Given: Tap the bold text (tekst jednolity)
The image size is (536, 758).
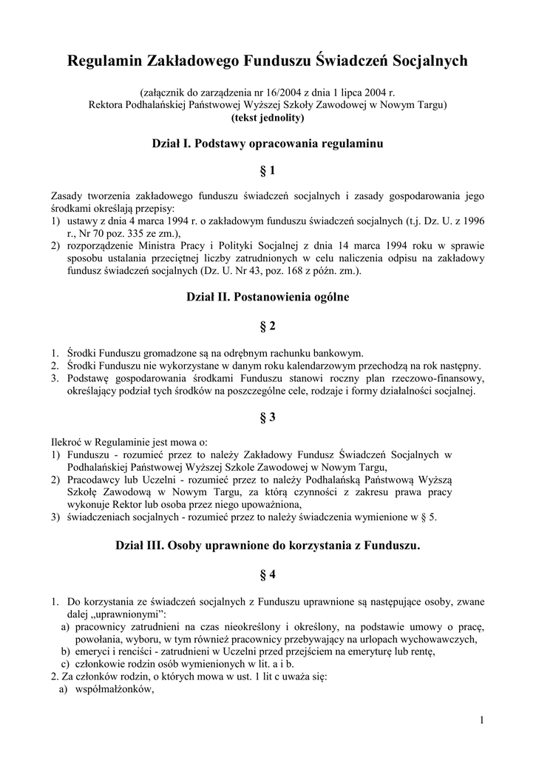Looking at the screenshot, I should (267, 117).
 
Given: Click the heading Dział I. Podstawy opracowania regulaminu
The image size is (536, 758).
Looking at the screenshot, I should (267, 142).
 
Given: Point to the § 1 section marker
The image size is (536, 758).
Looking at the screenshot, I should (268, 171).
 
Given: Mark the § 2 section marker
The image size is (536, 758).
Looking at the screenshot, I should (268, 326).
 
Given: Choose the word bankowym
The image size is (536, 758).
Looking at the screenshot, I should (339, 353).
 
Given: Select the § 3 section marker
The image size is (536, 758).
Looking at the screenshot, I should (268, 417).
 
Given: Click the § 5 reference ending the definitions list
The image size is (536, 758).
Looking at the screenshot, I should (427, 517).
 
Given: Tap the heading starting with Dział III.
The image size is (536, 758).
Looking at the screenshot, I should (268, 546).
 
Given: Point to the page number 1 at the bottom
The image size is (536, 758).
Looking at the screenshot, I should (481, 720).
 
